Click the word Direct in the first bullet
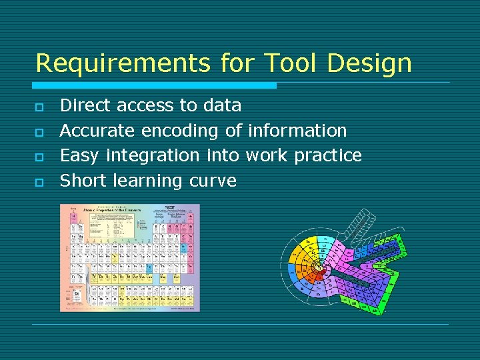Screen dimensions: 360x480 pos(82,105)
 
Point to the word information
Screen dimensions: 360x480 pos(297,131)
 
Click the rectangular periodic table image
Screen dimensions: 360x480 pos(129,258)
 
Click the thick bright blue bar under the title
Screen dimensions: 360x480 pos(155,85)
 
